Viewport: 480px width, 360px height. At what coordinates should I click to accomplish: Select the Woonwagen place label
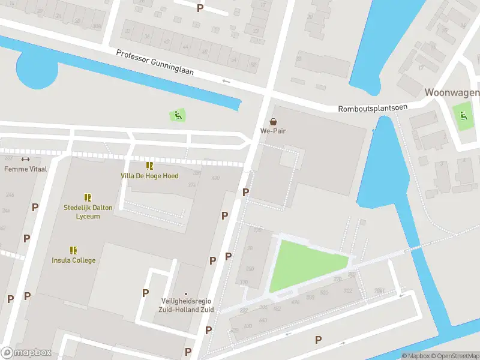(x=452, y=92)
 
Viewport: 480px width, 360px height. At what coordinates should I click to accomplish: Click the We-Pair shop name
(x=273, y=131)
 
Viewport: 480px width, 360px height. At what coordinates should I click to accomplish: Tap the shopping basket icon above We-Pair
(x=273, y=121)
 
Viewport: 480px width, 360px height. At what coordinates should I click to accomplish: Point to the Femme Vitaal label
(x=25, y=169)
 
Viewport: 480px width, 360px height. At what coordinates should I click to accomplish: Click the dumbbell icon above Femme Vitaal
(x=25, y=159)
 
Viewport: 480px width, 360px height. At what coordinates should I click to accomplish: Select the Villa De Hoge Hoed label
(x=149, y=176)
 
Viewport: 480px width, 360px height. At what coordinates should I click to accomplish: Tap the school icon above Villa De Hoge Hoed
(x=149, y=166)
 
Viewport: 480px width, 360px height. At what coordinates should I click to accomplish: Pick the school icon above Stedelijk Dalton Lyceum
(x=88, y=197)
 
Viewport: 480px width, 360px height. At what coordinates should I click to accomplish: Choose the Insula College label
(x=73, y=260)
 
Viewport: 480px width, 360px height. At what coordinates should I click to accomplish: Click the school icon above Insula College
(x=73, y=250)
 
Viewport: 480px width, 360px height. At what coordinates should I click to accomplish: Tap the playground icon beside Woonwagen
(x=463, y=115)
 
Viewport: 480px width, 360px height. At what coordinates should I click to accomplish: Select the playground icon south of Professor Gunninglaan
(x=177, y=115)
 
